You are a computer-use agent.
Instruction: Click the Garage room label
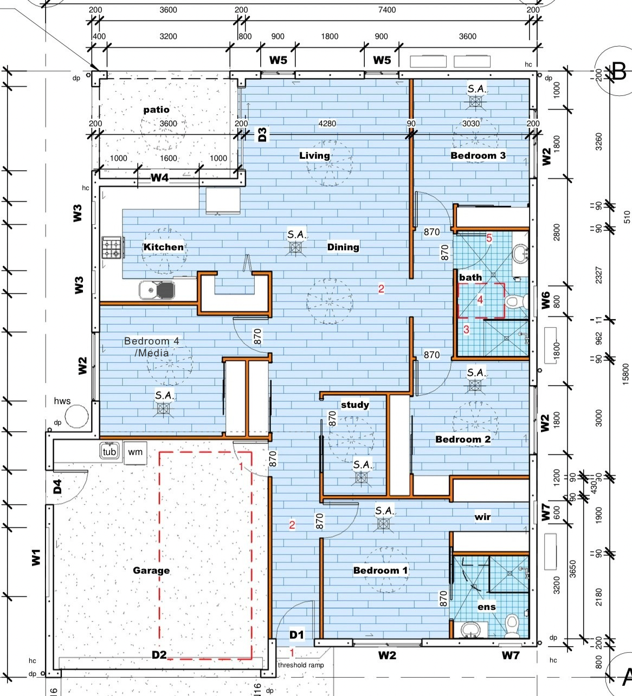click(x=151, y=570)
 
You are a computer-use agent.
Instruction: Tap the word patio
click(x=157, y=109)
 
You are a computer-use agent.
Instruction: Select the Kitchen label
click(x=164, y=247)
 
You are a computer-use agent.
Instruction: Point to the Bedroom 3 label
click(x=478, y=155)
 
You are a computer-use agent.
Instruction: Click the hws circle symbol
click(x=76, y=416)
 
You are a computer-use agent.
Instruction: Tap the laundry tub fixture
click(x=109, y=451)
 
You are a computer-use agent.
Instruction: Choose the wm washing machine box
click(x=135, y=452)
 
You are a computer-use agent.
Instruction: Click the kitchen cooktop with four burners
click(x=113, y=248)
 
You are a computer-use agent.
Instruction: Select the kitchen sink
click(x=157, y=290)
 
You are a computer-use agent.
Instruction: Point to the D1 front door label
click(x=296, y=635)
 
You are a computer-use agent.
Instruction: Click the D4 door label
click(x=57, y=486)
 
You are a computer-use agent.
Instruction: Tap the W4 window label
click(x=160, y=178)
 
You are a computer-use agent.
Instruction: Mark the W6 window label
click(x=545, y=300)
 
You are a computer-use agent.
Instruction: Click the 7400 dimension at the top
click(x=387, y=10)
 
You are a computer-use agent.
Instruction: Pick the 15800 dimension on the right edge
click(x=625, y=374)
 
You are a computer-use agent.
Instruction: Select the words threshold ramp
click(x=301, y=665)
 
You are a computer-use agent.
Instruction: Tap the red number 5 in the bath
click(x=489, y=238)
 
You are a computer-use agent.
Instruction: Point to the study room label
click(x=355, y=405)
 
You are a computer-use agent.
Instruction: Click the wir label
click(x=483, y=517)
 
